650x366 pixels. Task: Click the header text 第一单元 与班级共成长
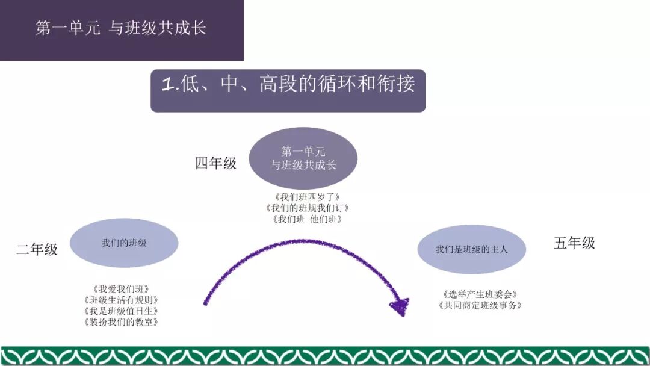(121, 28)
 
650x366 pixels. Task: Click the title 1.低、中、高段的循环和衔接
(288, 84)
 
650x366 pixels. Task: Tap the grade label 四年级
(216, 163)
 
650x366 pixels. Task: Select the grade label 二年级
(37, 249)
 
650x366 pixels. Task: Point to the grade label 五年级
(574, 243)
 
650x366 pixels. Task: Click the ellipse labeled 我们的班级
(124, 243)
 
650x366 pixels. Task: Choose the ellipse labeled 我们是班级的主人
(472, 249)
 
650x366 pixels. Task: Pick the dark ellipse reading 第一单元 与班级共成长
(303, 158)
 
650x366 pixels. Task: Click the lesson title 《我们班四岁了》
(307, 197)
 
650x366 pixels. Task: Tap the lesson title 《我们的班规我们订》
(307, 208)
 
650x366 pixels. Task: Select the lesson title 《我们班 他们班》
(307, 219)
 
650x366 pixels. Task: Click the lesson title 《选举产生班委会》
(480, 294)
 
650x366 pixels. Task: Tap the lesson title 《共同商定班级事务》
(480, 306)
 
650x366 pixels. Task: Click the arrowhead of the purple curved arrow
(400, 306)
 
